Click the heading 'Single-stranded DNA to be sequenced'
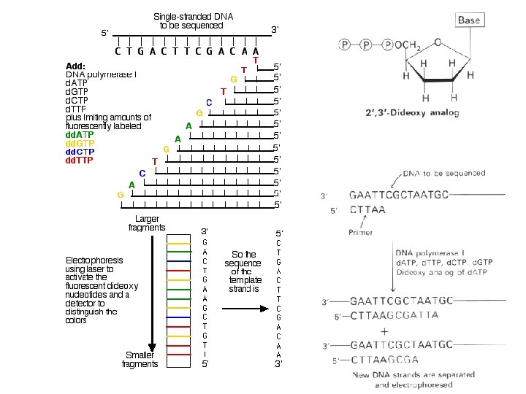pos(193,20)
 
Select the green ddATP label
pos(80,135)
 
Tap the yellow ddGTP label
pos(80,144)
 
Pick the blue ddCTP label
pos(80,152)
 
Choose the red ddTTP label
pos(80,161)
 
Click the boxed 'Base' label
pos(468,20)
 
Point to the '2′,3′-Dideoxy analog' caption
pos(412,112)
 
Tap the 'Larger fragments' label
pos(147,223)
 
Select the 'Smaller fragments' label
pos(140,360)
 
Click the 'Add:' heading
pos(75,66)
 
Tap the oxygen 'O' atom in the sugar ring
pos(437,42)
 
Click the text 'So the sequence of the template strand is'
pos(245,271)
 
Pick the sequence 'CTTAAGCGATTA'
pos(394,315)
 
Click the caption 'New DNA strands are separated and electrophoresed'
pos(413,379)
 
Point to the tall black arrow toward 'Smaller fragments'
pos(152,292)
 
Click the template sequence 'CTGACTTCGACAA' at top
pos(187,51)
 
